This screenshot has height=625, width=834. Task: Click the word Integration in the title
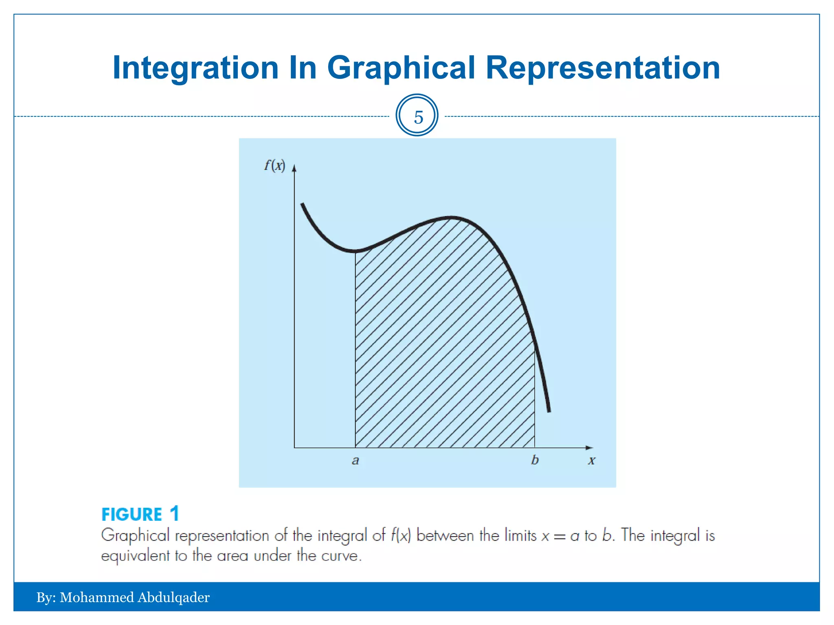click(x=195, y=68)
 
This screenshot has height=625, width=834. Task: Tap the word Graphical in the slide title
click(x=401, y=68)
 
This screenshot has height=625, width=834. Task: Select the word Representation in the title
click(x=603, y=68)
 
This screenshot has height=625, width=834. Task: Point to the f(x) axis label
click(x=274, y=166)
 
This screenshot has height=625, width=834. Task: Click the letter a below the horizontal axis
click(x=356, y=461)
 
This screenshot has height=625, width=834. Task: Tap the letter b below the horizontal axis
click(x=535, y=460)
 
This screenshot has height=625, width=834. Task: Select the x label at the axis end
click(x=592, y=461)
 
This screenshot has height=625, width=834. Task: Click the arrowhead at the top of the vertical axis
click(x=294, y=168)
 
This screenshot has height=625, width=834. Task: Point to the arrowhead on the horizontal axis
click(x=589, y=448)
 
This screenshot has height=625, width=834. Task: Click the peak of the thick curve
click(x=450, y=218)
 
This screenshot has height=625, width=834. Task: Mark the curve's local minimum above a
click(x=355, y=251)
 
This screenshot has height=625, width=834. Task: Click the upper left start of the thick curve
click(x=303, y=204)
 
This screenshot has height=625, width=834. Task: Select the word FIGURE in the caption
click(x=132, y=515)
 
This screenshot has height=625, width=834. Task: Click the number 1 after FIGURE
click(x=174, y=514)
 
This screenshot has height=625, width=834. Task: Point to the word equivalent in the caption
click(x=135, y=556)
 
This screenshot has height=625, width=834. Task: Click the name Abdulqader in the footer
click(x=173, y=597)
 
